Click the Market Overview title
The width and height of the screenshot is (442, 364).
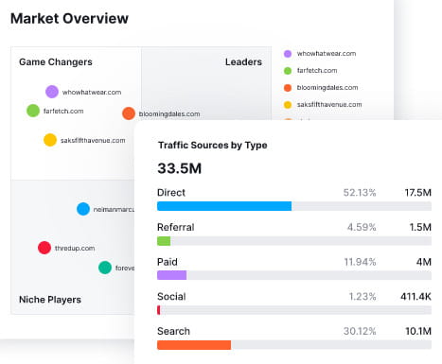[x=69, y=18]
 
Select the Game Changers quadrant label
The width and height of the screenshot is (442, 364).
[x=56, y=62]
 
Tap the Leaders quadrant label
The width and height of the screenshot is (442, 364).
[x=243, y=62]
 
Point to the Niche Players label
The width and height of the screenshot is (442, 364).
[x=50, y=300]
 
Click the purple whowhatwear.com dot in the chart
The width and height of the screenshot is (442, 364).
[x=51, y=92]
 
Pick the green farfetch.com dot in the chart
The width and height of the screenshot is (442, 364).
[x=35, y=111]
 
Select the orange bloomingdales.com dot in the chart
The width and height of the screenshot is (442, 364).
[x=129, y=113]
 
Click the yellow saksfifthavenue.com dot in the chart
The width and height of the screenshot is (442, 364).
[x=50, y=140]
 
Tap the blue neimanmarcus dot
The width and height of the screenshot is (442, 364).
[x=83, y=209]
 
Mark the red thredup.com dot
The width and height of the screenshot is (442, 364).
[x=44, y=248]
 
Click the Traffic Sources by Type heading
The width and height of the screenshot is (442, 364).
[x=212, y=146]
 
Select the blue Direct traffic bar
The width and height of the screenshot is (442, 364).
[x=224, y=206]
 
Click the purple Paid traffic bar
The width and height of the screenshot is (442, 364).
[x=171, y=275]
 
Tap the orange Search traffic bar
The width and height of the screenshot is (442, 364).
[x=194, y=345]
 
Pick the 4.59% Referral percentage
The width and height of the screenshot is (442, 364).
[x=361, y=227]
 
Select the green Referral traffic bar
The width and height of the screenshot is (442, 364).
[x=164, y=241]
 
